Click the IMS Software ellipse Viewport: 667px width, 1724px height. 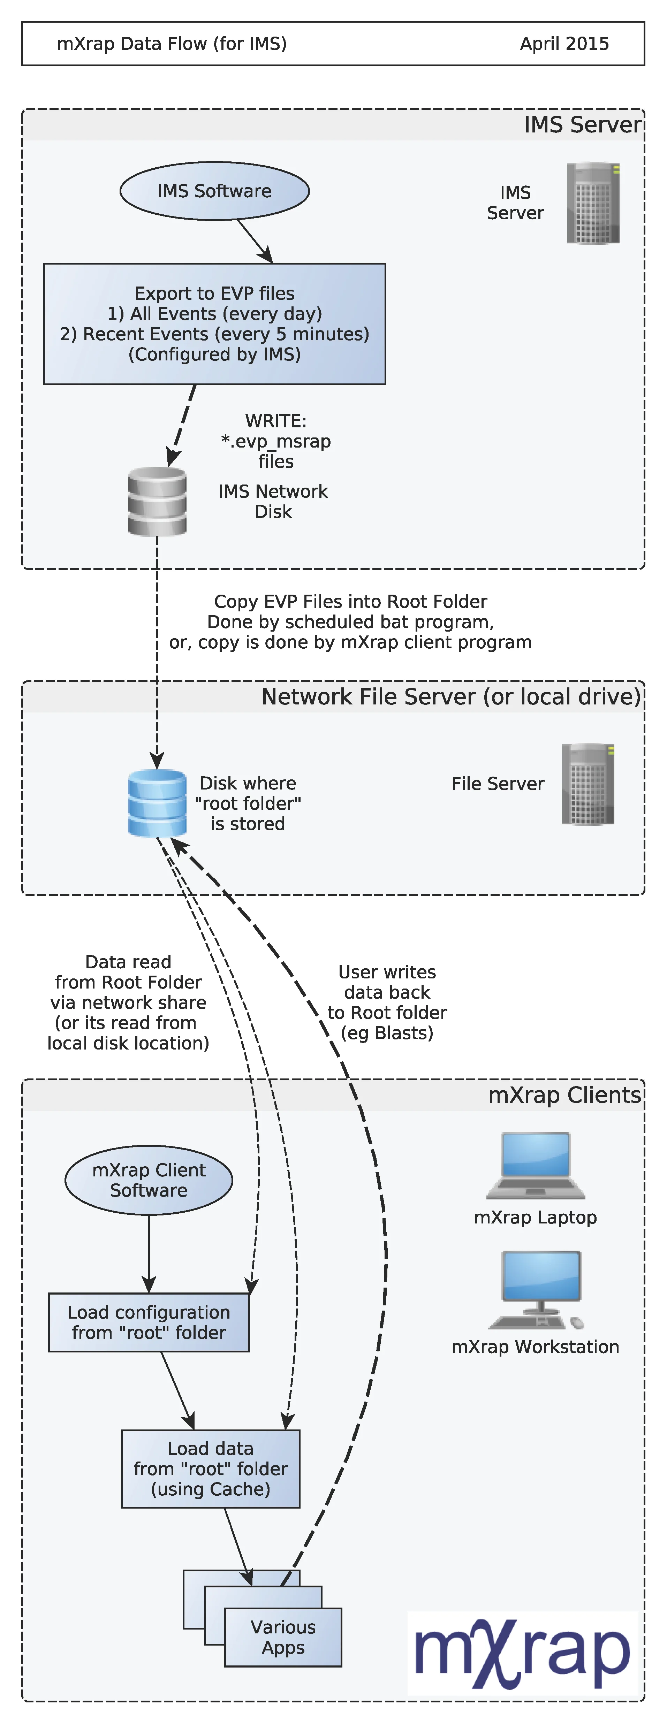[x=214, y=191]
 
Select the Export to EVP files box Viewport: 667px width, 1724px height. [x=214, y=324]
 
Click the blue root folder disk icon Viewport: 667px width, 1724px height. [x=157, y=803]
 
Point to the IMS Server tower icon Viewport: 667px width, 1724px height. [x=593, y=203]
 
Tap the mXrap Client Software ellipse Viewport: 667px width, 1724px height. [x=149, y=1180]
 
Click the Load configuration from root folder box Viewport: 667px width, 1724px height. [x=149, y=1322]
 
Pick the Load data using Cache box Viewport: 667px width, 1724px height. [x=210, y=1469]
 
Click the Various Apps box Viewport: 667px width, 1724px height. [x=283, y=1637]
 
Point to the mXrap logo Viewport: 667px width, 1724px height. [x=522, y=1653]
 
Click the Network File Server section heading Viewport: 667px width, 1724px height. [x=451, y=697]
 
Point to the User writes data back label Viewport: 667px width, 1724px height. [x=387, y=1002]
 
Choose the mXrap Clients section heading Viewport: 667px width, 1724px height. [x=564, y=1095]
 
